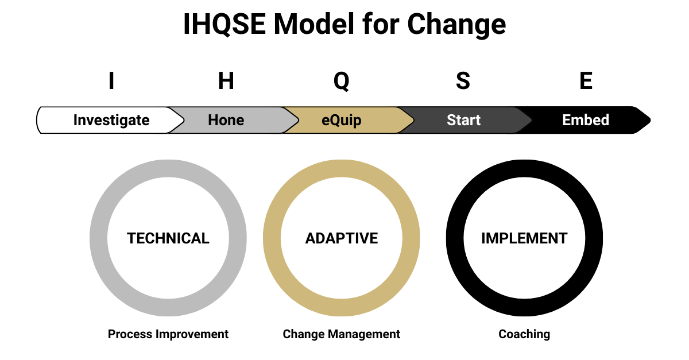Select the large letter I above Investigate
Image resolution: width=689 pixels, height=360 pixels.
111,82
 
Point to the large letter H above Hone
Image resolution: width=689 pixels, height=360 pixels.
226,82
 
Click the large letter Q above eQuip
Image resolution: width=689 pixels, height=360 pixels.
341,82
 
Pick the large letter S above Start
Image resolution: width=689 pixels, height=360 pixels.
463,82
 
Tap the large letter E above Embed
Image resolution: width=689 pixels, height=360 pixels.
586,82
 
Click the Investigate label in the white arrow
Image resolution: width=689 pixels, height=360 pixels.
111,120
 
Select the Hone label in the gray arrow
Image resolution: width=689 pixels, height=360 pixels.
226,120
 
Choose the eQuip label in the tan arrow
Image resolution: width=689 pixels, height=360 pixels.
341,120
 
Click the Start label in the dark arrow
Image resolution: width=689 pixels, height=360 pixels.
463,120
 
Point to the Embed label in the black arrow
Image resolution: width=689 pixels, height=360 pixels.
586,120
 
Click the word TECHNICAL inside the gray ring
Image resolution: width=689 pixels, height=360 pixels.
168,238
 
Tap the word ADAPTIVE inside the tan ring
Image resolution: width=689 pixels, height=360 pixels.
342,238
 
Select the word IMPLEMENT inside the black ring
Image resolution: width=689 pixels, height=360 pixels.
524,238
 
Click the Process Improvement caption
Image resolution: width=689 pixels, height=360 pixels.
168,334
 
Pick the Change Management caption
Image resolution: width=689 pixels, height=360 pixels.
342,334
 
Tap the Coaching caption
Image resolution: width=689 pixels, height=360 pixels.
524,334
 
